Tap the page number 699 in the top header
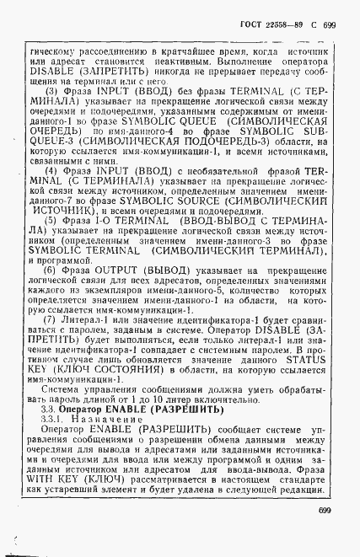329,25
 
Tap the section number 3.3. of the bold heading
50,409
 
